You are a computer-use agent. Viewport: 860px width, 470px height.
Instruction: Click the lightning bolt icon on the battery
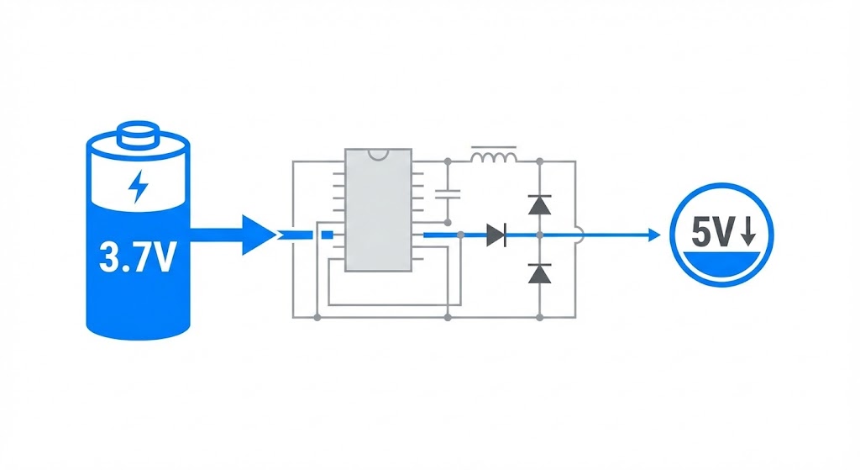(136, 187)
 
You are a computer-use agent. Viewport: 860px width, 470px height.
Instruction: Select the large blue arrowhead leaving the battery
(257, 235)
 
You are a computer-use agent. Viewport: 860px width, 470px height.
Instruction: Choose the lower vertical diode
(538, 272)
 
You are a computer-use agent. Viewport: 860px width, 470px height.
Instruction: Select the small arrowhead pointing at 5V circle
(654, 235)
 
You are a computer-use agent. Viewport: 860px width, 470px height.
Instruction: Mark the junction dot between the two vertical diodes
(538, 235)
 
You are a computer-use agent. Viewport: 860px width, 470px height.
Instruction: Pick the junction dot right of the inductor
(538, 161)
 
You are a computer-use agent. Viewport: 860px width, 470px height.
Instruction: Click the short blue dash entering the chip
(328, 235)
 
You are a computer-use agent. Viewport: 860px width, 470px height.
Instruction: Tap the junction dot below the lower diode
(538, 317)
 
